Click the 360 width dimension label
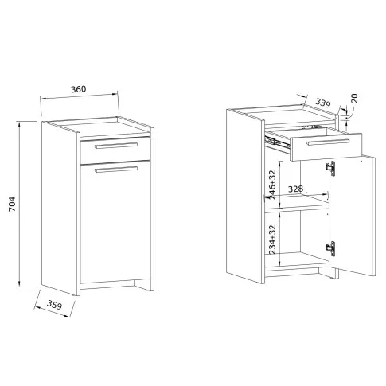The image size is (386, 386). [79, 89]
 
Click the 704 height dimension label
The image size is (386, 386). [13, 204]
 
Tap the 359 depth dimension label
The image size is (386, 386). [54, 305]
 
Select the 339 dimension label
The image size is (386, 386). [323, 103]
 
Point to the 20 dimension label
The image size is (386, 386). [354, 98]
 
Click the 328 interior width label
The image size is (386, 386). [295, 189]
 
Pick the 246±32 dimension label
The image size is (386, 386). [272, 185]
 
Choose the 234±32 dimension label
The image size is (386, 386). [272, 240]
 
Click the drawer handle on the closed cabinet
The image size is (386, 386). [116, 146]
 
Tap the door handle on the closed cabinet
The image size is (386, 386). [116, 170]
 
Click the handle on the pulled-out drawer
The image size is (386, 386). [328, 142]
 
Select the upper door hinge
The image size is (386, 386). [330, 168]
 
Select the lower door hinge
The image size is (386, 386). [330, 248]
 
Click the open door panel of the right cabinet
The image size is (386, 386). [353, 216]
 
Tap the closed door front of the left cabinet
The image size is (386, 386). [115, 222]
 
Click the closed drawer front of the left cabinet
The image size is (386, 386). [115, 150]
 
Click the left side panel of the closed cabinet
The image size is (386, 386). [60, 209]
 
